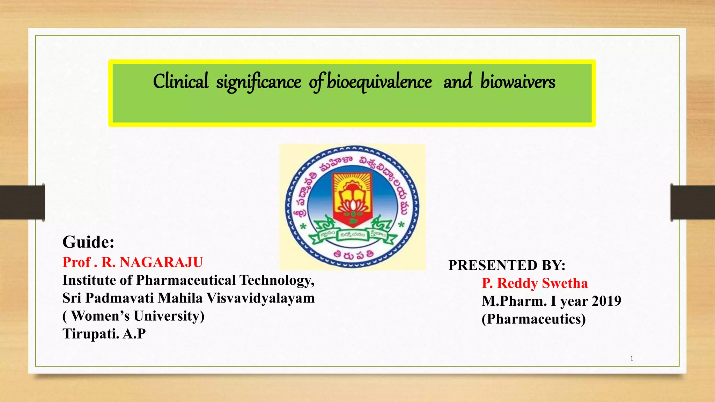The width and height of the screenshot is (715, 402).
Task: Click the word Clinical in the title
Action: click(x=181, y=82)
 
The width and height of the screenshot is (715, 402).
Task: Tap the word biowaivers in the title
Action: click(x=518, y=82)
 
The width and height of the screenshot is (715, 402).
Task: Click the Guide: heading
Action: click(x=88, y=242)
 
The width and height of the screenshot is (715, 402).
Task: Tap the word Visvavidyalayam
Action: click(x=260, y=298)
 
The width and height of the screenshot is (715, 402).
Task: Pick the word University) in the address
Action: click(x=169, y=316)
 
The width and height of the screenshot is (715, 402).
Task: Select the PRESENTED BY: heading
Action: click(x=507, y=265)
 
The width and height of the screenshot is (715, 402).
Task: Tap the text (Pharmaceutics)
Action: click(x=533, y=319)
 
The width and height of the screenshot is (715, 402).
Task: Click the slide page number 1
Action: click(x=632, y=358)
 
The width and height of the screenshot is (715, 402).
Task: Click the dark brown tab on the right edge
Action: click(x=693, y=202)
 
